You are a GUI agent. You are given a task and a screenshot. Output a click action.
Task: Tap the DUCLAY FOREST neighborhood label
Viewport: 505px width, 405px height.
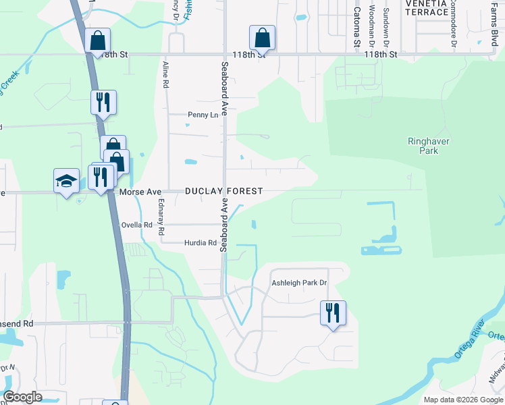pos(224,192)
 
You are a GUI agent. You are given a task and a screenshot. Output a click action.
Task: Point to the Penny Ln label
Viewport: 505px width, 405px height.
pos(203,115)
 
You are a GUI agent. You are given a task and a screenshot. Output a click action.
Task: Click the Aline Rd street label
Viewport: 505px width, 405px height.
pos(165,75)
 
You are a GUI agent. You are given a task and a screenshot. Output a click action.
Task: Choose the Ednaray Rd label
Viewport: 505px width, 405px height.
pos(161,216)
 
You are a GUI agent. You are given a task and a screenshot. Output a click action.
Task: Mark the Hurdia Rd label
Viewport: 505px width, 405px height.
pos(200,243)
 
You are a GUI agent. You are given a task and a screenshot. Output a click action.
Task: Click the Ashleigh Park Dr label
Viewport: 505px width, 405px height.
pos(299,283)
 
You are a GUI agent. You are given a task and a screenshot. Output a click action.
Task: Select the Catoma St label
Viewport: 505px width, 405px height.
pos(357,27)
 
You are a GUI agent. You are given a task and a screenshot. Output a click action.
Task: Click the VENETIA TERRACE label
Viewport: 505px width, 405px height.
pos(426,7)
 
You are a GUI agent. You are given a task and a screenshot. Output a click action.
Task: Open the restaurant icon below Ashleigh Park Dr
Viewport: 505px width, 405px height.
pos(333,313)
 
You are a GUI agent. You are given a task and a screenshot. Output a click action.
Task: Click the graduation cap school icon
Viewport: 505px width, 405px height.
pos(66,180)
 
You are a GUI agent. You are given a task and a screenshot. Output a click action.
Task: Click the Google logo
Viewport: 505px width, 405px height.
pos(22,397)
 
